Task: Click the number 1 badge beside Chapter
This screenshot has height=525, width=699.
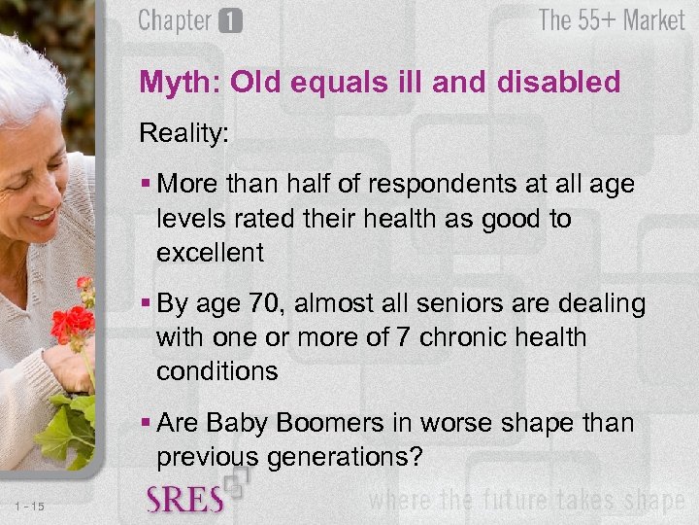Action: click(230, 21)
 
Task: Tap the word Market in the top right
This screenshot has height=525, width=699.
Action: click(654, 20)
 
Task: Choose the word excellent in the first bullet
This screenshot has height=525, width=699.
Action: click(210, 253)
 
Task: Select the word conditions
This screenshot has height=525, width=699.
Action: click(216, 371)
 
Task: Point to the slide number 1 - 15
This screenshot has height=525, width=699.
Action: click(30, 505)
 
